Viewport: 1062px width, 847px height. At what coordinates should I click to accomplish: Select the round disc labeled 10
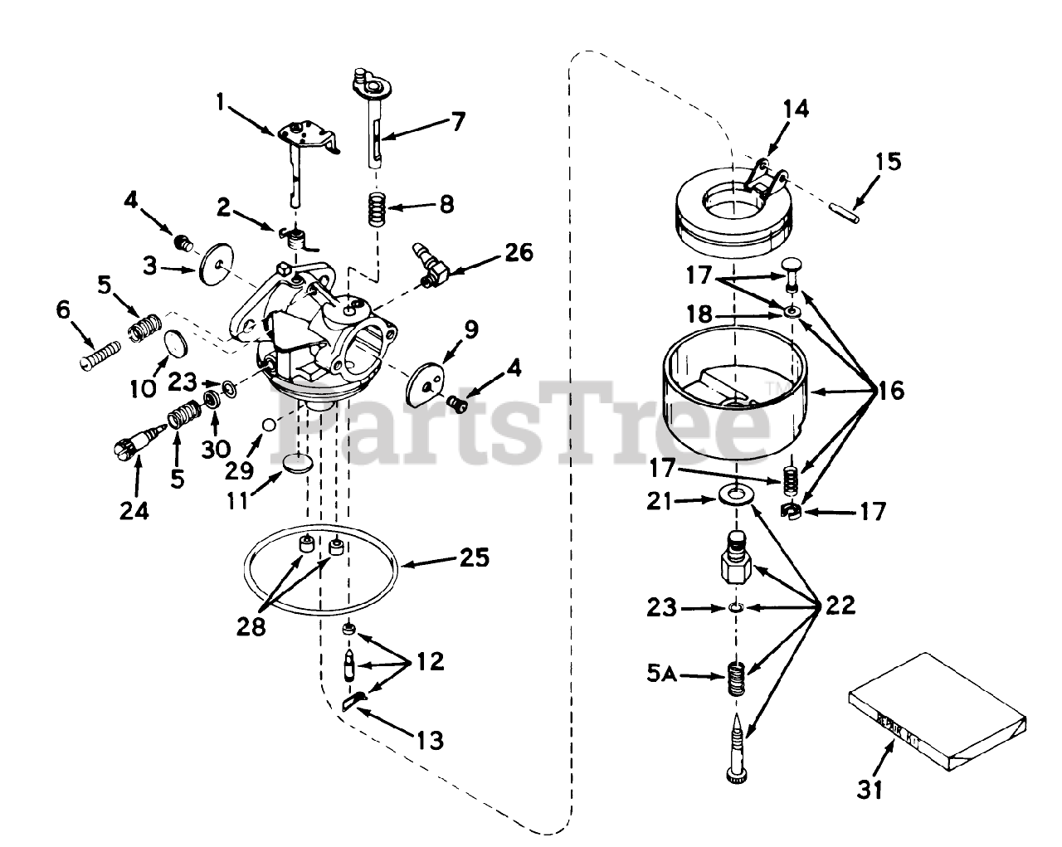click(x=173, y=343)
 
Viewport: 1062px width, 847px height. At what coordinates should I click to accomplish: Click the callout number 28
click(x=252, y=628)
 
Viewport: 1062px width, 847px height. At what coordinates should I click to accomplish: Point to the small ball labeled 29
click(x=268, y=425)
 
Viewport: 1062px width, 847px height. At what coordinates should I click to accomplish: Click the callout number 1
click(x=221, y=101)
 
